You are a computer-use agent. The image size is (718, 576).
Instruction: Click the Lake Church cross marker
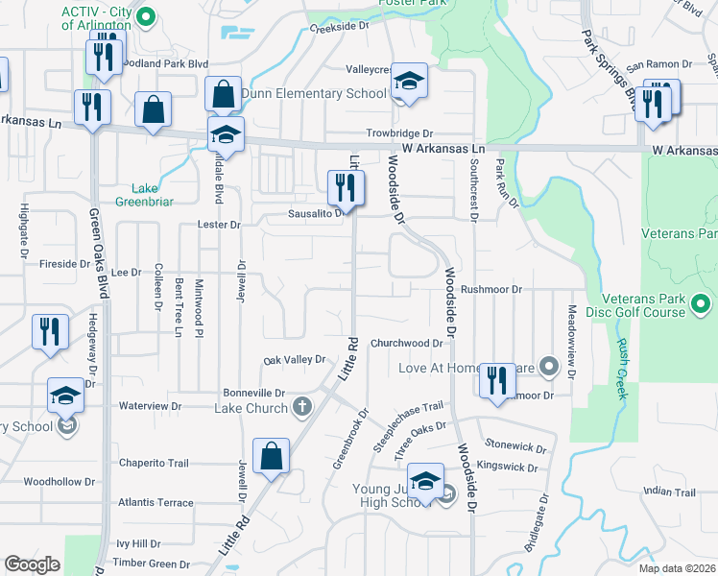click(x=302, y=406)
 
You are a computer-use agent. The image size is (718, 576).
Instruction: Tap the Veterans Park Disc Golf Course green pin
click(x=701, y=305)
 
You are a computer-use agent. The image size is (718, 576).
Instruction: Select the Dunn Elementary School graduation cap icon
click(x=409, y=84)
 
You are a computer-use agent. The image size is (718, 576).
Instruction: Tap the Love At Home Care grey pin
click(x=548, y=367)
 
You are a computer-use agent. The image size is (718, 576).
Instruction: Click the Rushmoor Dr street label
click(x=491, y=288)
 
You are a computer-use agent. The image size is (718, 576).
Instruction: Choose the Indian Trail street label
click(x=669, y=492)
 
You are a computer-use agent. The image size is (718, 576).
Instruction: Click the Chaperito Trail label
click(x=154, y=463)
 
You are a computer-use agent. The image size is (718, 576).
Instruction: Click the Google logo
click(x=33, y=564)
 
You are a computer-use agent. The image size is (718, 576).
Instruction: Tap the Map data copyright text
click(x=677, y=568)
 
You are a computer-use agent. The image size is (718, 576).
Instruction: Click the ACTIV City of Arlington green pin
click(x=146, y=16)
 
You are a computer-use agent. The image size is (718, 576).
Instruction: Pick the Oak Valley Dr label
click(x=295, y=360)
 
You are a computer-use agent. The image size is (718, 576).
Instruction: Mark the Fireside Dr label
click(x=64, y=263)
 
